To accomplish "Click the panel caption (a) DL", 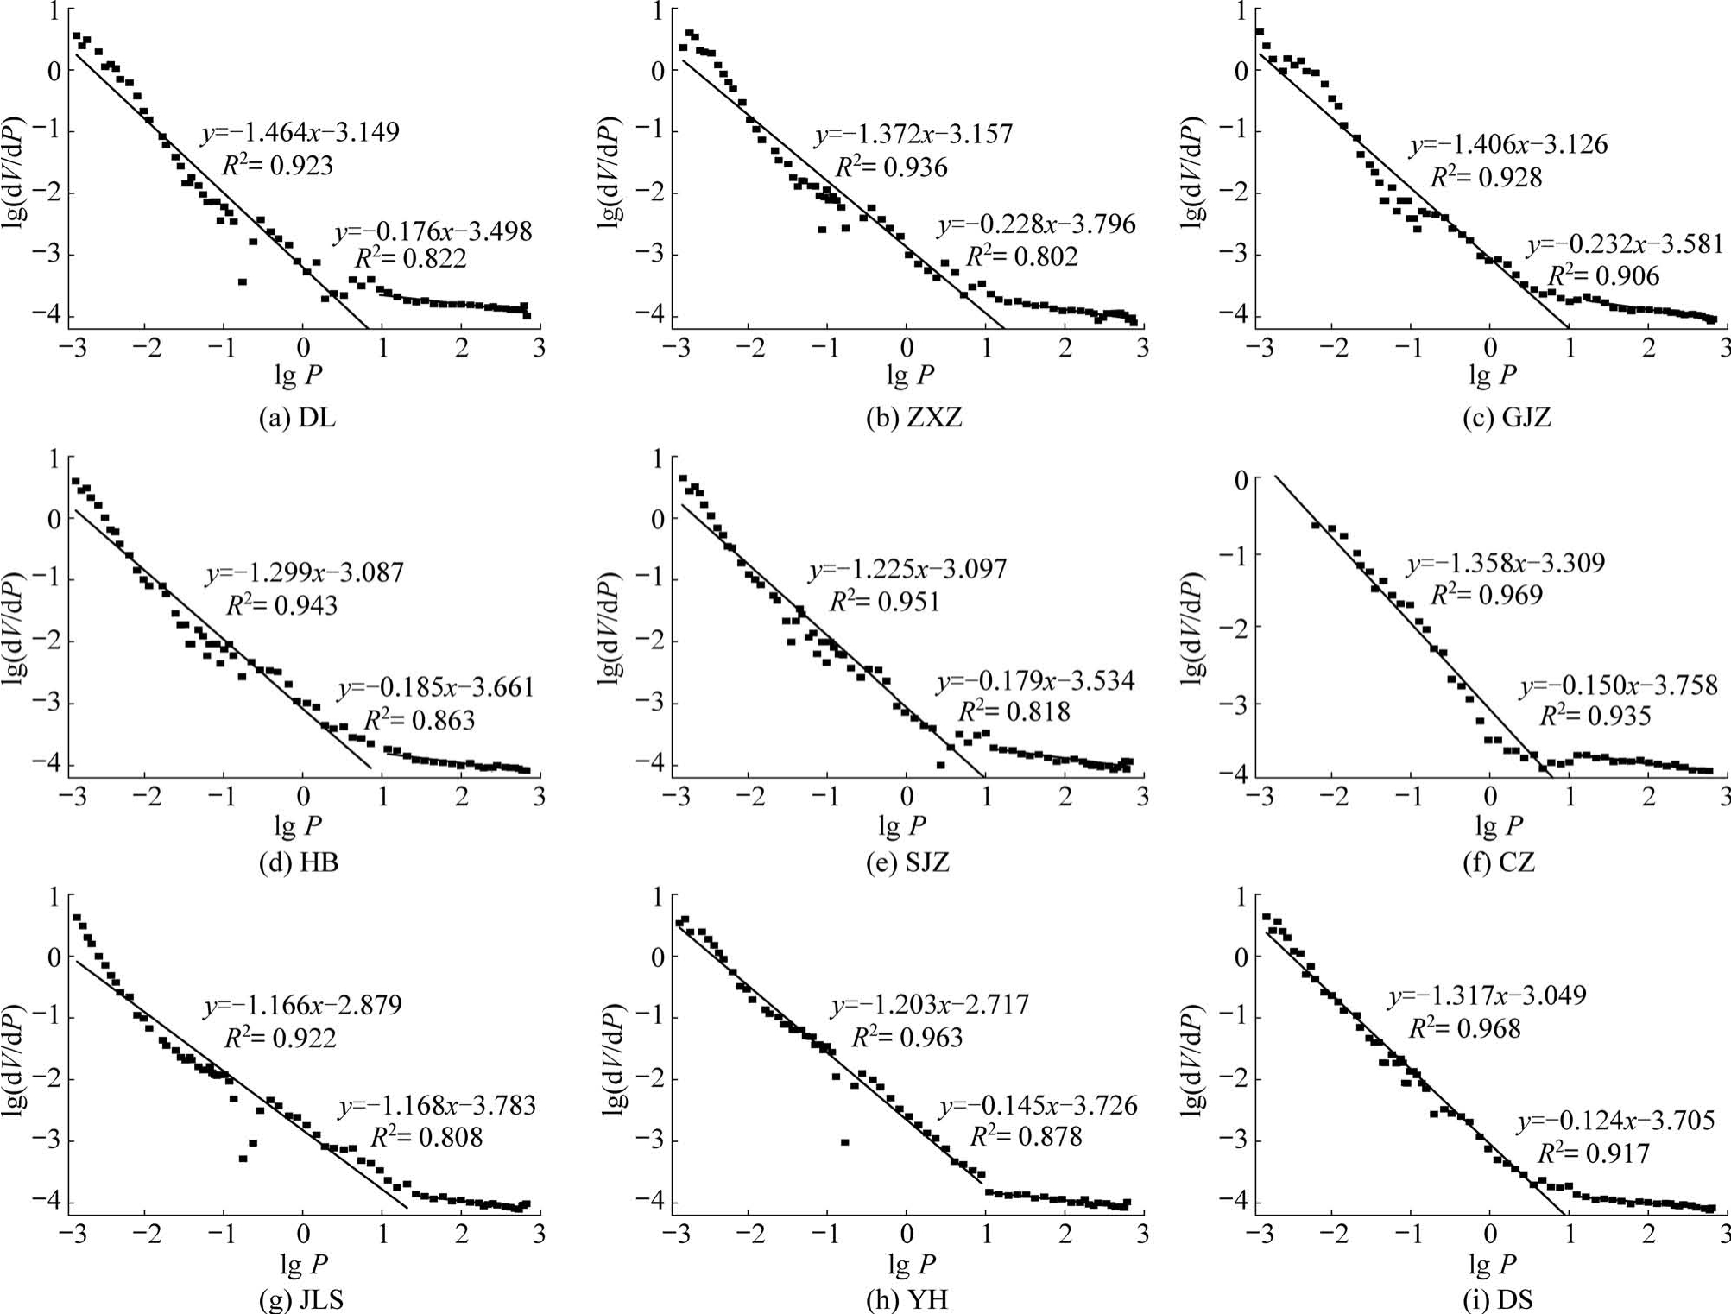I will [x=298, y=418].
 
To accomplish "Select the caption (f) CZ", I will [x=1499, y=862].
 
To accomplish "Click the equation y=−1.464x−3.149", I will [x=300, y=133].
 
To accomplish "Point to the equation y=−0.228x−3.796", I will [x=1037, y=225].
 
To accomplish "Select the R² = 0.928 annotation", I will [x=1486, y=178].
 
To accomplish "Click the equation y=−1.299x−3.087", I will [x=304, y=572].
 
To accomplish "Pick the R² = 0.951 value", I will [x=884, y=602].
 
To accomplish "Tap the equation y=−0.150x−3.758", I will [x=1619, y=685].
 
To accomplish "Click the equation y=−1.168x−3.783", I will [x=437, y=1105].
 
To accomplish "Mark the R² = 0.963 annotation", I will [x=907, y=1037].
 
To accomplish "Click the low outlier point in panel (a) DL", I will [x=243, y=281].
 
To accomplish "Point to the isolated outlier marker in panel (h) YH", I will [x=844, y=1142].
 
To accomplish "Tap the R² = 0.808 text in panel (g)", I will [x=426, y=1137].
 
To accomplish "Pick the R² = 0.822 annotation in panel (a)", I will [x=410, y=259].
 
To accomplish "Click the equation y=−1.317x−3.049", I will [x=1487, y=995].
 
